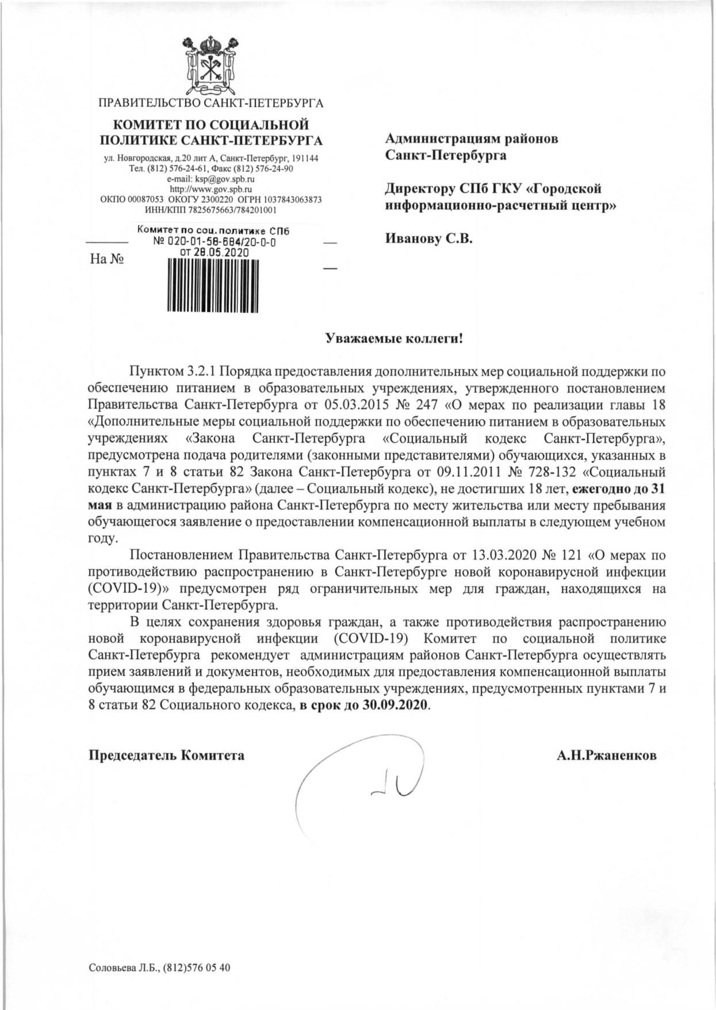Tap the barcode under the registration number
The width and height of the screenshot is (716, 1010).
coord(213,286)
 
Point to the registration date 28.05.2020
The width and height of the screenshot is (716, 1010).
coord(223,252)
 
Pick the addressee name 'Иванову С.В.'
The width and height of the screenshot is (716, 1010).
coord(428,239)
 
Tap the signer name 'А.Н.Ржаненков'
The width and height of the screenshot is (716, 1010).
coord(606,755)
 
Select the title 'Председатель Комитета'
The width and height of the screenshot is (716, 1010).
coord(166,755)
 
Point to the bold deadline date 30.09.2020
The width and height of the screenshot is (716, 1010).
coord(396,705)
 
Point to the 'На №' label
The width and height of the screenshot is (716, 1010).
coord(108,259)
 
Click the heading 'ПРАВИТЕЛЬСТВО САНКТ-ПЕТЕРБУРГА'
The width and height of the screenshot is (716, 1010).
coord(211,103)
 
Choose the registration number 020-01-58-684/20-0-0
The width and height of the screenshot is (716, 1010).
coord(222,242)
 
